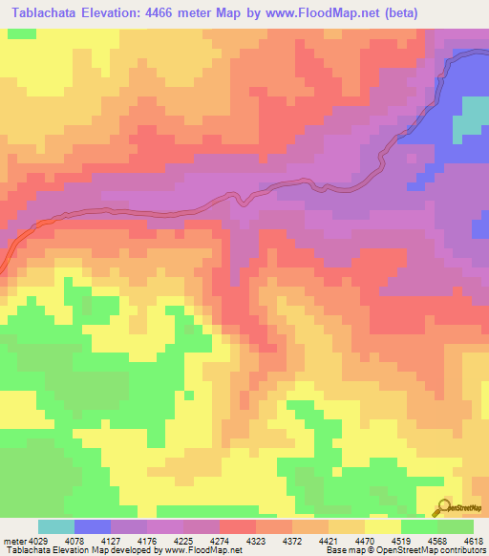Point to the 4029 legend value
coord(39,542)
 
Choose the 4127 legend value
coord(132,542)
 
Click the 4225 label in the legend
coord(225,542)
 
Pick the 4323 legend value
coord(319,542)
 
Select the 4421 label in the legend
coord(412,542)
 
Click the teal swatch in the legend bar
coord(56,527)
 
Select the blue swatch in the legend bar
coord(93,527)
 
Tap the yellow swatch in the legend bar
coord(382,527)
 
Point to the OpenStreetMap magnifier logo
coord(442,508)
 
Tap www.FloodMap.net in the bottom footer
coord(202,551)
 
